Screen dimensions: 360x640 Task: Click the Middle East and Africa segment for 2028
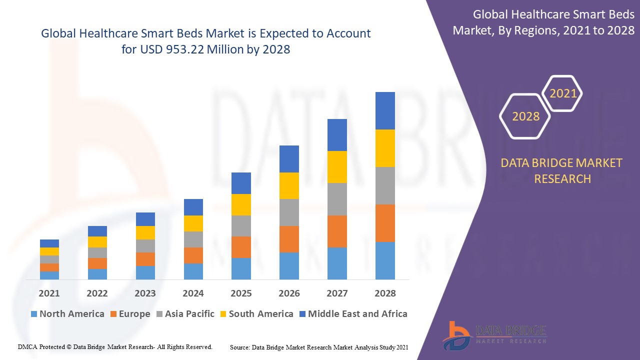[385, 110]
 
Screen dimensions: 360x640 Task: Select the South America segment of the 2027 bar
[337, 167]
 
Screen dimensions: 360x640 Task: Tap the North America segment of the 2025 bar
[241, 268]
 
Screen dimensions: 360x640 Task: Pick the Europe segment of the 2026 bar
[289, 239]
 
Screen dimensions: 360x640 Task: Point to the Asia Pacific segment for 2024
[193, 239]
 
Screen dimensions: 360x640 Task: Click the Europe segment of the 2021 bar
[49, 267]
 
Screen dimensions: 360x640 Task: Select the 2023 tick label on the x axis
[145, 293]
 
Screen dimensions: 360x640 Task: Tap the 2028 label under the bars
[385, 293]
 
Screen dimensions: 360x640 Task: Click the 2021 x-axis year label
[49, 293]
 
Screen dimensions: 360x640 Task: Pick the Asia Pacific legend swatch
[160, 314]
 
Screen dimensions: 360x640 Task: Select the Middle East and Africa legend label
[357, 314]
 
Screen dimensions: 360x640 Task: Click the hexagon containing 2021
[563, 93]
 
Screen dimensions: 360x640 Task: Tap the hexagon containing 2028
[525, 116]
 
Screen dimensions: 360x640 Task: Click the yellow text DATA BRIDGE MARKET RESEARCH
[562, 170]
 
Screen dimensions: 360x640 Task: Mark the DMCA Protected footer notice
[115, 346]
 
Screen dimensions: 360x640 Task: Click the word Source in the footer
[239, 347]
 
